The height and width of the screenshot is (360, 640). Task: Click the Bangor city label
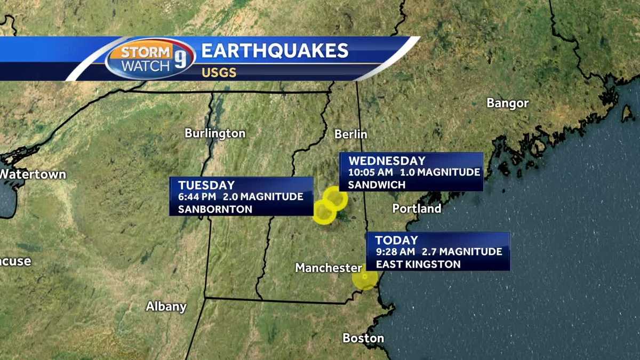coord(507,103)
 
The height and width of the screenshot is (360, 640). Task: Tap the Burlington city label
coord(215,133)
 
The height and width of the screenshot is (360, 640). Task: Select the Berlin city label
coord(351,134)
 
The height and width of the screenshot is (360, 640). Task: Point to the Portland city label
coord(417,209)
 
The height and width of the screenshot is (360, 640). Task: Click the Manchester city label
coord(329,268)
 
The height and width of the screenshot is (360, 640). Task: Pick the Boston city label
coord(363,338)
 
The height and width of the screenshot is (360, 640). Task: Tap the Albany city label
coord(166,307)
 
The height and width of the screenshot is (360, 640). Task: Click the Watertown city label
coord(33,174)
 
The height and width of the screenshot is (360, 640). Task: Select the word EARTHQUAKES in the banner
coord(275,51)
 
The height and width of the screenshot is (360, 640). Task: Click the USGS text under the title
coord(219,73)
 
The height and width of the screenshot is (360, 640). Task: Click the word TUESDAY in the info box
coord(206,185)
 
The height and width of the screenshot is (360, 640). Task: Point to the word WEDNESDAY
coord(387,161)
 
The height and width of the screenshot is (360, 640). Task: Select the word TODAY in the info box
coord(396,240)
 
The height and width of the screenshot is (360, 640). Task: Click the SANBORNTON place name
coord(215,209)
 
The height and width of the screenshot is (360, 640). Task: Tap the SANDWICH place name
coord(377,185)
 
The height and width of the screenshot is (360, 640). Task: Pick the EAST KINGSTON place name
coord(418,264)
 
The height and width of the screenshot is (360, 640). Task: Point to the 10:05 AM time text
coord(371,172)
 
